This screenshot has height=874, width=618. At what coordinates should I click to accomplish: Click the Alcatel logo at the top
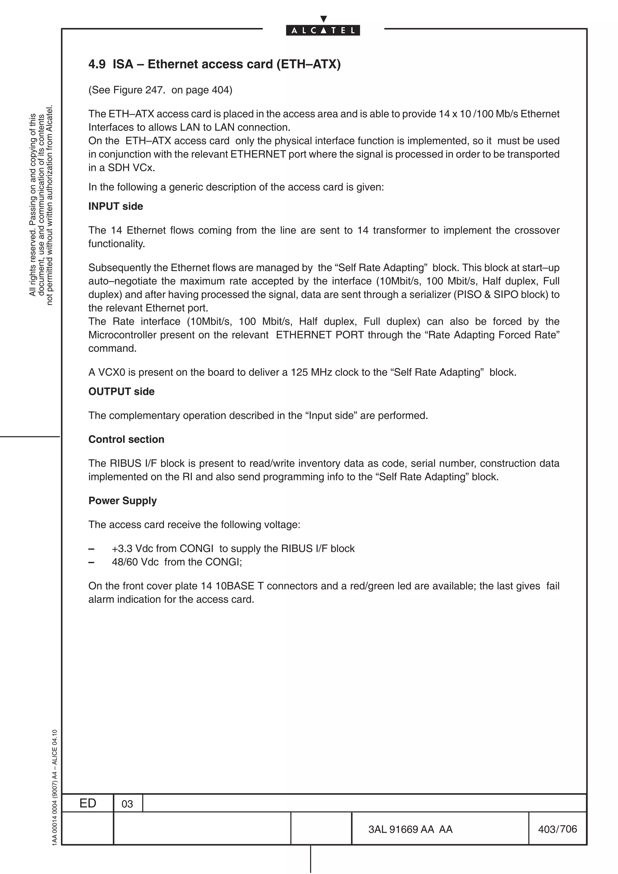click(323, 30)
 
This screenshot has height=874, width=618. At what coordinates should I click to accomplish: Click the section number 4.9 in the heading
click(97, 64)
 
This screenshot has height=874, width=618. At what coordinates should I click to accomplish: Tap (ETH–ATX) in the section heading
click(308, 64)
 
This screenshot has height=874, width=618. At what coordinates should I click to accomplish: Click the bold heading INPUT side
click(116, 206)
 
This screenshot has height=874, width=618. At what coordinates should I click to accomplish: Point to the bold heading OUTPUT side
click(122, 391)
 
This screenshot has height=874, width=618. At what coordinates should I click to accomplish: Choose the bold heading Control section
click(126, 439)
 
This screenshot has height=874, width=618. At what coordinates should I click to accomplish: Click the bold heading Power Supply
click(123, 501)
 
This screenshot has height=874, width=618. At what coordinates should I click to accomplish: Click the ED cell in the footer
click(88, 803)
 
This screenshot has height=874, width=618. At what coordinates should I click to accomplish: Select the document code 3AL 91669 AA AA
click(410, 829)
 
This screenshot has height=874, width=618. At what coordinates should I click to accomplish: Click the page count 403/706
click(557, 829)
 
